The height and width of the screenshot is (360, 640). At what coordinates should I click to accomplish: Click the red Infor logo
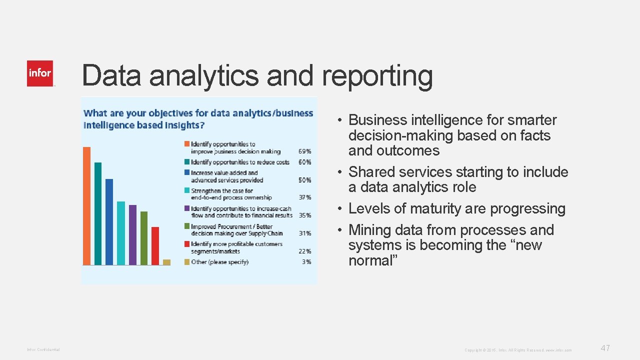pos(40,73)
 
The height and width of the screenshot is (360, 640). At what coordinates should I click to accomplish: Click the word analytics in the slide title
pos(203,76)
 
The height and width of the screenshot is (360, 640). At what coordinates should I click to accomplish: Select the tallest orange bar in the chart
pos(87,205)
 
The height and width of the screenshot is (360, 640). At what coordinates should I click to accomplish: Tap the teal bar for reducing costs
pos(98,213)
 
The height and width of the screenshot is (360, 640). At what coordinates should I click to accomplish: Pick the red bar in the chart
pos(155,245)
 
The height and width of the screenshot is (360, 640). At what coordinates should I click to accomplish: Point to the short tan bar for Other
pos(166,262)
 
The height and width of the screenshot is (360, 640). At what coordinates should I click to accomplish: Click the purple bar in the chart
pos(132,234)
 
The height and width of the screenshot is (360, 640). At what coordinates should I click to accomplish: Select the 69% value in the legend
pos(305,151)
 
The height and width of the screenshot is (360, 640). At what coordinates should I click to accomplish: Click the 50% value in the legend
pos(305,180)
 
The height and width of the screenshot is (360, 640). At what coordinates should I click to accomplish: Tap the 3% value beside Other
pos(306,262)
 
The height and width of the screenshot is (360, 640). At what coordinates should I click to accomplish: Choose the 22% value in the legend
pos(305,251)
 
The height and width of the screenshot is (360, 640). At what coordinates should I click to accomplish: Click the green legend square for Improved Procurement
pos(187,226)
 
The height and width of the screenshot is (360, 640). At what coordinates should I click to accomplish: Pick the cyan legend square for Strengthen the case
pos(187,190)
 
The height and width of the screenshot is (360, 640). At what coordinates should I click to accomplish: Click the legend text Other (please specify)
pos(219,262)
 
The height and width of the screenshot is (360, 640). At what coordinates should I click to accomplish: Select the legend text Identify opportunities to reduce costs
pos(240,162)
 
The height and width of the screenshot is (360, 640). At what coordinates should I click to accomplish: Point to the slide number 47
pos(605,348)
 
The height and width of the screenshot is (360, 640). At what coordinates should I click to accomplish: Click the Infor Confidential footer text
pos(43,349)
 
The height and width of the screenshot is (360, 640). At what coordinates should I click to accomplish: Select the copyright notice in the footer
pos(518,350)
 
